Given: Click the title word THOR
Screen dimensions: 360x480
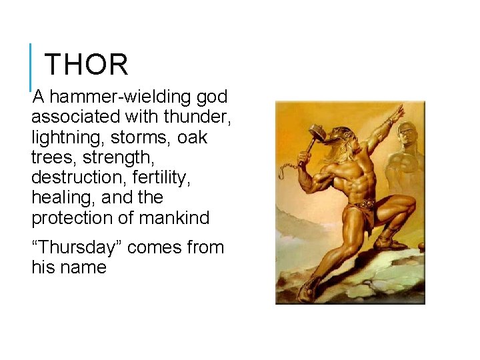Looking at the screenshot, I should click(86, 65).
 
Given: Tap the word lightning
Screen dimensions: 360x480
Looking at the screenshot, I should click(65, 137).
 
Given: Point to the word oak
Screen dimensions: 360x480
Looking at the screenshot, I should click(192, 137).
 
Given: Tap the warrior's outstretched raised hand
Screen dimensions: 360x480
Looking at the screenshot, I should click(397, 113).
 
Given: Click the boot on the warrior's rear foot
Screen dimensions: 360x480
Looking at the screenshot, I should click(311, 288).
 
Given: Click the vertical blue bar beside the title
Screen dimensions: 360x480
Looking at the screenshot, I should click(31, 67).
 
